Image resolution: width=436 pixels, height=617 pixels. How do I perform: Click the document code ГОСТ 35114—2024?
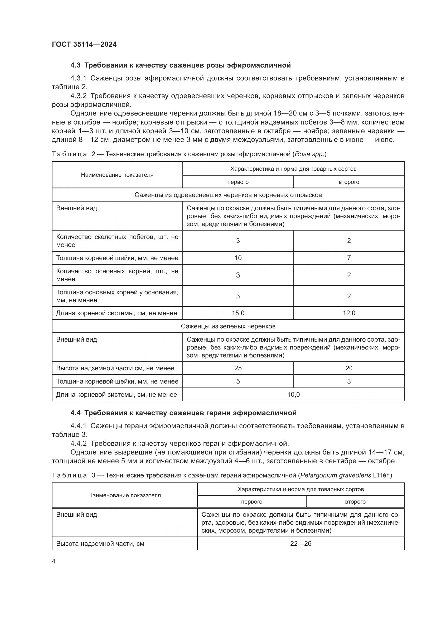pos(84,45)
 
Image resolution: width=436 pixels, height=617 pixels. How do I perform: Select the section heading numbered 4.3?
pos(180,65)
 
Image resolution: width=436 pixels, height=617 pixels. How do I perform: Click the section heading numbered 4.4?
pos(183,413)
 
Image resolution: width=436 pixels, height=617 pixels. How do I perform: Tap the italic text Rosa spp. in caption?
pos(310,154)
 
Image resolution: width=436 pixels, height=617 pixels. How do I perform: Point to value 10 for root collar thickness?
pos(238,258)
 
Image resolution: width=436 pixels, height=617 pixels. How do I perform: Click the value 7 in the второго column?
pos(349,258)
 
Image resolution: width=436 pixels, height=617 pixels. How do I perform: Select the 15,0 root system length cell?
pos(238,313)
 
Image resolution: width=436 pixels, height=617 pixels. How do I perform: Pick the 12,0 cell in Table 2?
pos(349,313)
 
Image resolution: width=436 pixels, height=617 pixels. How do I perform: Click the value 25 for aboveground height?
pos(238,368)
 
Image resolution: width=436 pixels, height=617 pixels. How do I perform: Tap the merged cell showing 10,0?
pos(293,394)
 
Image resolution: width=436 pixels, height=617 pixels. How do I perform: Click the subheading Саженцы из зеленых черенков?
pos(228,326)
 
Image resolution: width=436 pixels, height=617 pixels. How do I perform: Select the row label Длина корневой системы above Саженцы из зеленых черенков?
pos(116,313)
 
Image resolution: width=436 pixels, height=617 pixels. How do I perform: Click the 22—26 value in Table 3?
pos(301,544)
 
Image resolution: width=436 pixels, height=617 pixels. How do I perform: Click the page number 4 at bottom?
pos(54,561)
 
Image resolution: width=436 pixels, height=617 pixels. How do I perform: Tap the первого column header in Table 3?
pos(251,502)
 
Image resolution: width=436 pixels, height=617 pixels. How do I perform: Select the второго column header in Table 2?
pos(349,182)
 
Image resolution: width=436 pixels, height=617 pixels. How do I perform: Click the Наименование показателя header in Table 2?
pos(117,175)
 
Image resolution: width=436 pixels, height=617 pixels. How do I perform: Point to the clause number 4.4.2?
pos(78,443)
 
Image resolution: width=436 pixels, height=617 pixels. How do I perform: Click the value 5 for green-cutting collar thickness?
pos(238,381)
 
